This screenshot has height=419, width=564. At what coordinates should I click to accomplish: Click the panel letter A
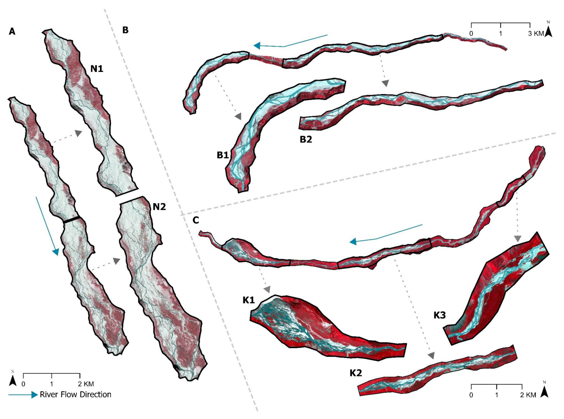coord(12,32)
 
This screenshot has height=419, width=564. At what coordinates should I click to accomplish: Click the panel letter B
coord(125,30)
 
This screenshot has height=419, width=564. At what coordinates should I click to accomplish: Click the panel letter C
coord(196,220)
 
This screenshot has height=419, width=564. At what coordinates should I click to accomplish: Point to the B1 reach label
coord(223,155)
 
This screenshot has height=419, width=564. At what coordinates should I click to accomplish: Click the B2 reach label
coord(306,139)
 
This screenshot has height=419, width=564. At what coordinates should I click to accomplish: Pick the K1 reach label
coord(248,300)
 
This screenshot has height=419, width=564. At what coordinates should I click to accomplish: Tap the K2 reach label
coord(356,373)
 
